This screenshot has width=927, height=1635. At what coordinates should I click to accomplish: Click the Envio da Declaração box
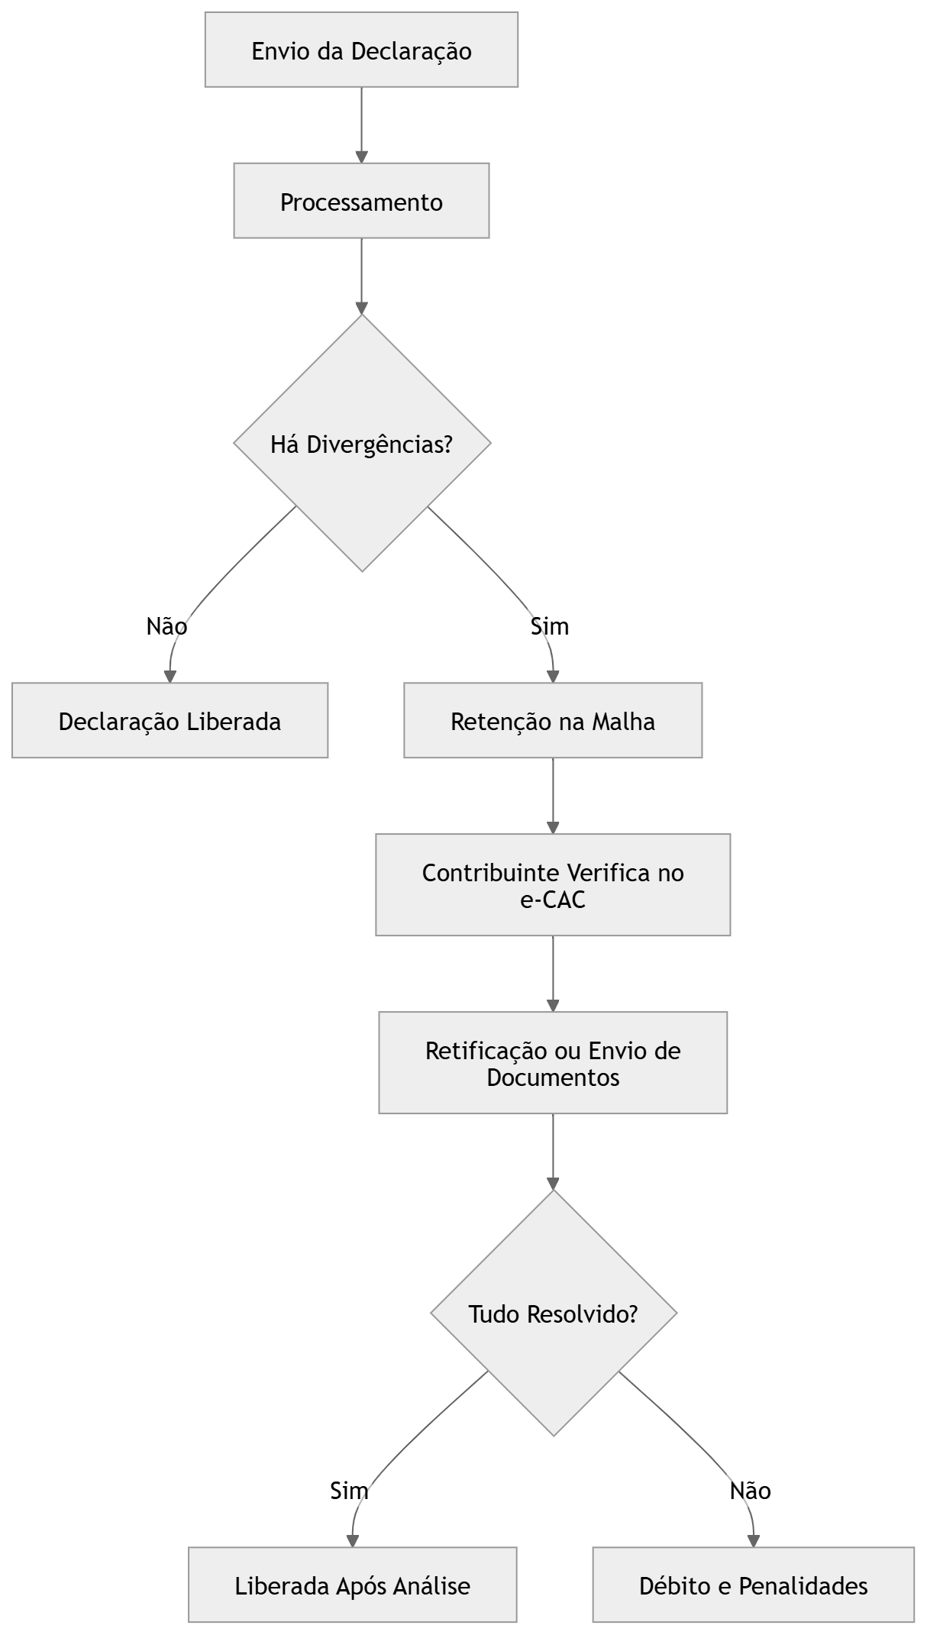tap(361, 50)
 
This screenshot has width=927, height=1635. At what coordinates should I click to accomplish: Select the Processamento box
tap(361, 202)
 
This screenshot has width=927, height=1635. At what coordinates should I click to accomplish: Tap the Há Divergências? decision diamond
tap(362, 444)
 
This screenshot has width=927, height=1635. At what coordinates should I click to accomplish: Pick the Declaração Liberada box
tap(170, 721)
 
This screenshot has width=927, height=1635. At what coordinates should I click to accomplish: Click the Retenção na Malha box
tap(553, 721)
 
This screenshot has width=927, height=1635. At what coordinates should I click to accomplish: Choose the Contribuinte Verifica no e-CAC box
tap(553, 885)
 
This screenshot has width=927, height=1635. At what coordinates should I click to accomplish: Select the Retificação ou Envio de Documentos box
tap(553, 1063)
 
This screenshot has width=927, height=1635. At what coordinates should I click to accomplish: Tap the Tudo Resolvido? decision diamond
tap(554, 1314)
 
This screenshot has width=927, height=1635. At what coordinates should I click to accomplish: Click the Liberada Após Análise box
tap(352, 1585)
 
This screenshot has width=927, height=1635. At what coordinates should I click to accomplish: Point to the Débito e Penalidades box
tap(753, 1585)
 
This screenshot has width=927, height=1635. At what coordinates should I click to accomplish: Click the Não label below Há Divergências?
tap(166, 626)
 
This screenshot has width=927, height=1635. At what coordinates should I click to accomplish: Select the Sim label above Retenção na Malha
tap(550, 626)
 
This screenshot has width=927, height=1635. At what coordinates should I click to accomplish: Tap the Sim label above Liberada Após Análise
tap(349, 1490)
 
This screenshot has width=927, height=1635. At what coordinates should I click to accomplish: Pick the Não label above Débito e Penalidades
tap(750, 1490)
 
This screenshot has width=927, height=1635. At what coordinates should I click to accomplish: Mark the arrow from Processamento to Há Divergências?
tap(361, 276)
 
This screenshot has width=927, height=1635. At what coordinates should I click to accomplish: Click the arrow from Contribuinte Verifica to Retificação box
tap(553, 974)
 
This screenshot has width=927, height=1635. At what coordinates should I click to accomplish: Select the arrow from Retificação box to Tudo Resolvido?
tap(553, 1152)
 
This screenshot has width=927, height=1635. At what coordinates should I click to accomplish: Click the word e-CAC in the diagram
tap(553, 900)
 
